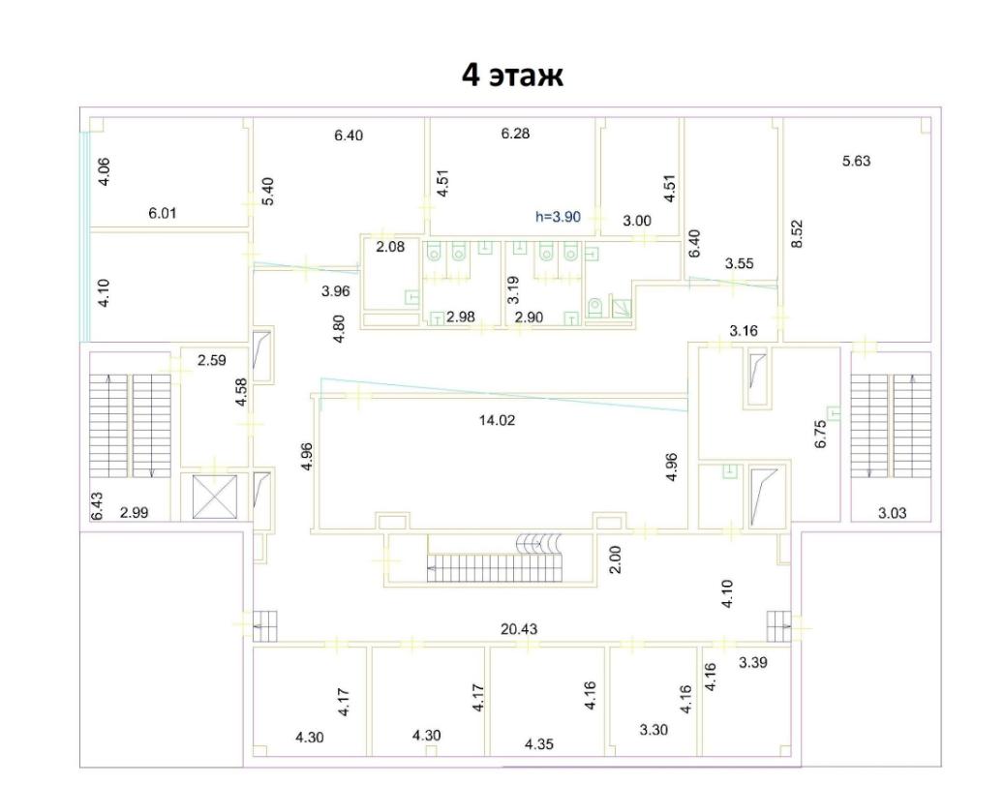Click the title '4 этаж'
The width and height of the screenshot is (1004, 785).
coord(512,75)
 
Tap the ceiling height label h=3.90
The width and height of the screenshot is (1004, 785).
coord(558,217)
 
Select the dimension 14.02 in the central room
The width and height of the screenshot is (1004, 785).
coord(497,420)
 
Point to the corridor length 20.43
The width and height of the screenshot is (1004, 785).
coord(519,629)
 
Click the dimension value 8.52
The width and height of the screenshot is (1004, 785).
coord(797,233)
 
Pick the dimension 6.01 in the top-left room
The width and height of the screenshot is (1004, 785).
coord(163,213)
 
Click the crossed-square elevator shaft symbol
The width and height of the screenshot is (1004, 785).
coord(215,497)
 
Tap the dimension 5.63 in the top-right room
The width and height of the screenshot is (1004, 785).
coord(856,161)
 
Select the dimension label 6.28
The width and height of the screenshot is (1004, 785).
coord(515,134)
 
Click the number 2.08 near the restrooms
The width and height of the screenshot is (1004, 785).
coord(390,247)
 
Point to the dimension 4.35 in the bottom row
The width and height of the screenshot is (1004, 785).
coord(539,744)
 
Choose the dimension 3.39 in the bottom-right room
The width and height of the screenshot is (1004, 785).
coord(753,662)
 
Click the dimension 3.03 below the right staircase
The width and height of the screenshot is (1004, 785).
coord(892,513)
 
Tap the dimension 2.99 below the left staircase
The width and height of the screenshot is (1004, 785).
coord(135,512)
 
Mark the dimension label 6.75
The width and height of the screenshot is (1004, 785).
coord(821,434)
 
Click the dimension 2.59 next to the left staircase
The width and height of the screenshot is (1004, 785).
coord(211,360)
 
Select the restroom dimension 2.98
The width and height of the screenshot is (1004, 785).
coord(461,317)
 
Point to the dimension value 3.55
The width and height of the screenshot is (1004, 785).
coord(739,263)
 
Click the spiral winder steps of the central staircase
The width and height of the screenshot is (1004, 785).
coord(539,543)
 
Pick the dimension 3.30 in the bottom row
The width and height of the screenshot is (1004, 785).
coord(654,729)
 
